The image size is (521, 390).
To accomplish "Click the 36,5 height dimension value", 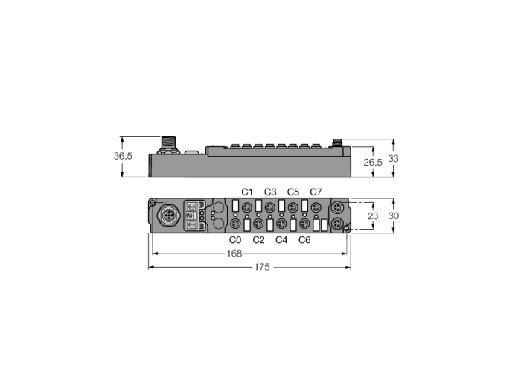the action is pyautogui.click(x=123, y=156).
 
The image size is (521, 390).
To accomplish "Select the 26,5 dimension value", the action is pyautogui.click(x=373, y=163).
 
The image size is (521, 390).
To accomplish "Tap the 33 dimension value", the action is pyautogui.click(x=393, y=159).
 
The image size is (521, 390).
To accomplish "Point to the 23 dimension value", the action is pyautogui.click(x=373, y=216).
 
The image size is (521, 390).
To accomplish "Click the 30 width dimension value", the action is pyautogui.click(x=394, y=216).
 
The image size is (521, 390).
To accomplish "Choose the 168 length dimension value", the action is pyautogui.click(x=234, y=254).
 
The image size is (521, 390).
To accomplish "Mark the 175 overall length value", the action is pyautogui.click(x=262, y=267).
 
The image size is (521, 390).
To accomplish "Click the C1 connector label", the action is pyautogui.click(x=247, y=192).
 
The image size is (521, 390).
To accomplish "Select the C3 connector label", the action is pyautogui.click(x=270, y=192).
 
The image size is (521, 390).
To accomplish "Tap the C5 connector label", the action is pyautogui.click(x=293, y=192).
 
